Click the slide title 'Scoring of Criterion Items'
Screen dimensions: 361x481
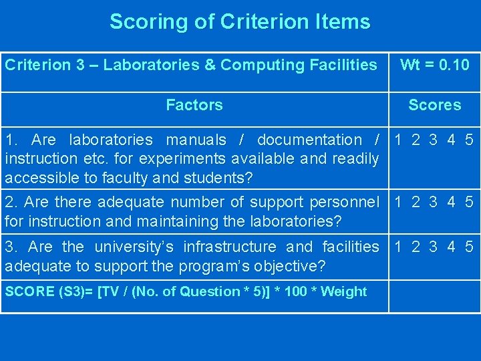(240, 22)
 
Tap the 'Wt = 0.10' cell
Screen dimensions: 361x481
(434, 66)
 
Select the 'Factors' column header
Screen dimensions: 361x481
(194, 105)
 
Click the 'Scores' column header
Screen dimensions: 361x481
(434, 105)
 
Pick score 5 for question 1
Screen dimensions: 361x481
(469, 140)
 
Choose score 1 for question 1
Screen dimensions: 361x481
(398, 140)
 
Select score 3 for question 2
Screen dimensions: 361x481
(433, 202)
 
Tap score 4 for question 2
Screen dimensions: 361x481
(452, 202)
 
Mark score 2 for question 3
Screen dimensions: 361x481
(416, 247)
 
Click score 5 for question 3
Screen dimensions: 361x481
(469, 247)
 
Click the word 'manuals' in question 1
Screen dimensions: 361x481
(196, 140)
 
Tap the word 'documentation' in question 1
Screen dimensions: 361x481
(309, 140)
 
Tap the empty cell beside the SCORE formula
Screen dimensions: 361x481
(434, 296)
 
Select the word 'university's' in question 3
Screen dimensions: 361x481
(134, 247)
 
